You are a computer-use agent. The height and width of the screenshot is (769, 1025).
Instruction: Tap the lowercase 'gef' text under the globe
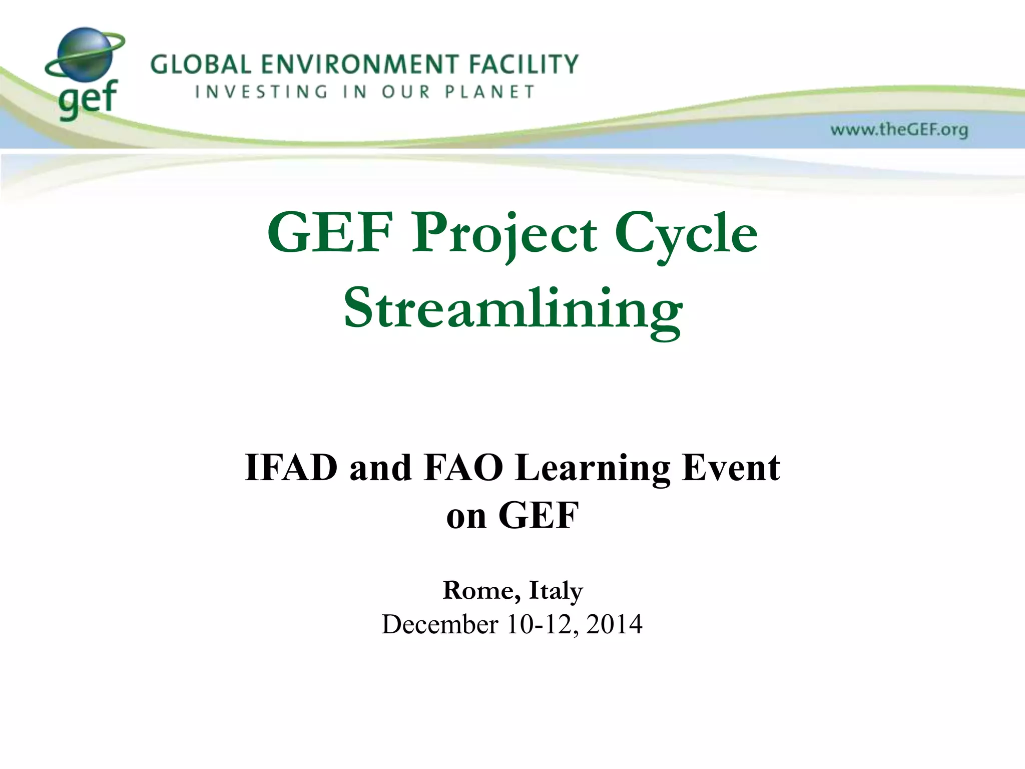point(88,99)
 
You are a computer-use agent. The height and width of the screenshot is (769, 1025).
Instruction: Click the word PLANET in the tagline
point(490,92)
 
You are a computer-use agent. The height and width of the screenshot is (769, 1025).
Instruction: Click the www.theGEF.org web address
point(899,130)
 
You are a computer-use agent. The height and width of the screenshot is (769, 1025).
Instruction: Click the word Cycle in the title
point(686,233)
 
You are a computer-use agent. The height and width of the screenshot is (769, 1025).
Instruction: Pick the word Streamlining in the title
point(513,308)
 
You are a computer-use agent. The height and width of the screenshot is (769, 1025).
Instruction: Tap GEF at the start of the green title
point(330,233)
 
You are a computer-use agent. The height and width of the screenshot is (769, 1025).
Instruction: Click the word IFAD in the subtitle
point(291,468)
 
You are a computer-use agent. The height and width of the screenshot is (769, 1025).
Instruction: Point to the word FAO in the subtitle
point(463,468)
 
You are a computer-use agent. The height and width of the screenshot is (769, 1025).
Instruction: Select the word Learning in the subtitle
point(593,468)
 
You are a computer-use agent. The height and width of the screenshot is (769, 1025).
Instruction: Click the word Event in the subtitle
point(731,468)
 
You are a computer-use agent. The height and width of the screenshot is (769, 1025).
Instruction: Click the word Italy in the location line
point(556,590)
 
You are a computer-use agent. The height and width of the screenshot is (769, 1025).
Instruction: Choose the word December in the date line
point(440,624)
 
